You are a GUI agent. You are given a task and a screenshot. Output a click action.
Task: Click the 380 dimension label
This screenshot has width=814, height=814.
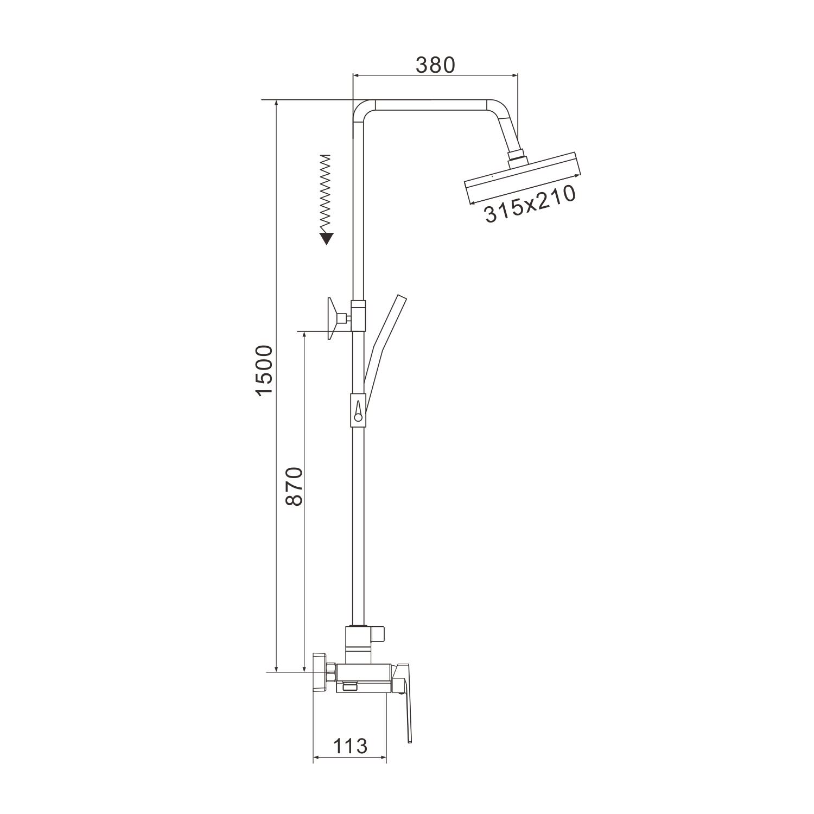435,65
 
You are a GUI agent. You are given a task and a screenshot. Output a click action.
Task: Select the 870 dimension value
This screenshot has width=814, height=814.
293,486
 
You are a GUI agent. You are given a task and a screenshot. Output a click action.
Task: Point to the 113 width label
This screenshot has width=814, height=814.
349,746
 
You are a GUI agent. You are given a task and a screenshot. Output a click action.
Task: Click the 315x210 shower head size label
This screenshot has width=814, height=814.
530,204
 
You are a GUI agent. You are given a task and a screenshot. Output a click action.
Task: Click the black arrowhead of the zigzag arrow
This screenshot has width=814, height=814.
326,238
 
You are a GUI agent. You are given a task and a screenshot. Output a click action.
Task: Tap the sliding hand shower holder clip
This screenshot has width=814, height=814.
358,408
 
